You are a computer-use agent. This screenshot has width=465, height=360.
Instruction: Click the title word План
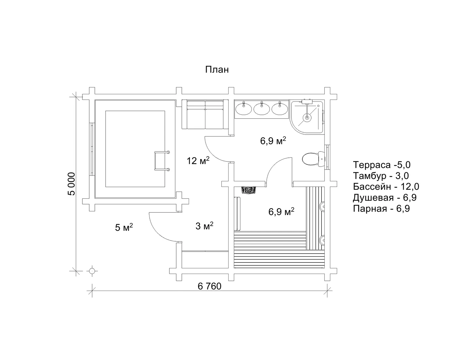(217, 70)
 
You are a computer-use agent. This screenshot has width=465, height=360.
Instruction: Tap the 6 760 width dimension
(209, 286)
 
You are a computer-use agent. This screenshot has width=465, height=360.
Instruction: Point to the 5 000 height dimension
(72, 184)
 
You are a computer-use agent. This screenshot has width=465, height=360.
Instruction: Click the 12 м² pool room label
(198, 161)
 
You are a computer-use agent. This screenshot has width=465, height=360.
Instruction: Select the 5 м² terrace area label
(124, 227)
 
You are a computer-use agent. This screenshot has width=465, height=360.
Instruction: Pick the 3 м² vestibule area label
(204, 226)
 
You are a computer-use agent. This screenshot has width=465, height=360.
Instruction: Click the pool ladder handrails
(162, 161)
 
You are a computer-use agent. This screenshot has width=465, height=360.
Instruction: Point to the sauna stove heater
(249, 190)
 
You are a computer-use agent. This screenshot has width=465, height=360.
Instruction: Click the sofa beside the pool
(205, 114)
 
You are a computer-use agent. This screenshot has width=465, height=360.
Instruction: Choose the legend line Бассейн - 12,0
(386, 187)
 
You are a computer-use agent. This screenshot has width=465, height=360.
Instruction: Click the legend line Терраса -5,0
(382, 165)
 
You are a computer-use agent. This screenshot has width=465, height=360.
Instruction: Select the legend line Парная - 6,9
(381, 208)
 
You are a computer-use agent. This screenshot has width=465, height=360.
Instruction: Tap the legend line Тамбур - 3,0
(381, 176)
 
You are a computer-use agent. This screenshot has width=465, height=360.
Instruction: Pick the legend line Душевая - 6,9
(385, 198)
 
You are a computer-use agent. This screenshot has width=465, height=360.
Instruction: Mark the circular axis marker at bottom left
(92, 271)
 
